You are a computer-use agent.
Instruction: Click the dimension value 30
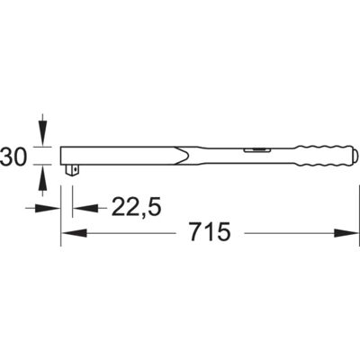tap(13, 157)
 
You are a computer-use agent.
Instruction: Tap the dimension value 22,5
tap(137, 207)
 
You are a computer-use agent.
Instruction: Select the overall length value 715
tap(210, 231)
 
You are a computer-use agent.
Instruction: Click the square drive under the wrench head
tap(72, 170)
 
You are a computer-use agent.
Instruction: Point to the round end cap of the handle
tap(354, 156)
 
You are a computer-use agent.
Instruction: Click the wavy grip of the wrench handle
tap(323, 156)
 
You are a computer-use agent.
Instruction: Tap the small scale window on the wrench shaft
tap(256, 150)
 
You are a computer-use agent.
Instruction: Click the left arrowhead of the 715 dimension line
tap(74, 233)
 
